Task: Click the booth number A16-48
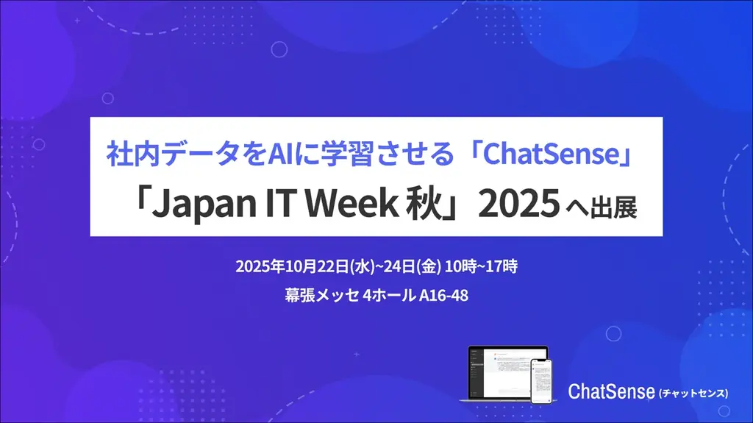point(443,296)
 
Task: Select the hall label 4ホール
point(389,296)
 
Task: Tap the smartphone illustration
point(541,382)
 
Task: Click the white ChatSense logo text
point(610,391)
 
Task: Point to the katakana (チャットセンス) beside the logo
point(693,394)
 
